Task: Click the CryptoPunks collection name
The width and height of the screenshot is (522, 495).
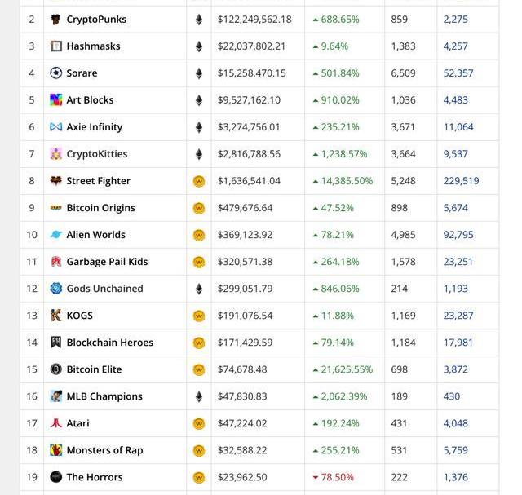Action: pos(96,19)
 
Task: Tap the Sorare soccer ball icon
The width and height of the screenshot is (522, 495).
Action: pos(55,73)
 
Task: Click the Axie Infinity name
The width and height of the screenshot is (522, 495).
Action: pos(95,127)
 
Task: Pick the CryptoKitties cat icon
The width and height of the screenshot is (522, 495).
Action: pos(55,154)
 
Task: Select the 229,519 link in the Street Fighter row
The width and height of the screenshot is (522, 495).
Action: pos(461,181)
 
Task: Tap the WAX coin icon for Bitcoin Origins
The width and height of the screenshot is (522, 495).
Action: pos(198,208)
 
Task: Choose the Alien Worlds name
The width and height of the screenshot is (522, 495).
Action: pos(95,235)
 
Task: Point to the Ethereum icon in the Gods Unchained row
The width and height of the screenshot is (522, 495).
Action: pos(198,289)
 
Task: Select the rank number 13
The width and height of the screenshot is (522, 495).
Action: pos(32,316)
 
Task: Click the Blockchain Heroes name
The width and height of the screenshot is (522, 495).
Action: pos(109,343)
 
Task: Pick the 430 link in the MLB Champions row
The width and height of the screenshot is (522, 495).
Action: pos(452,396)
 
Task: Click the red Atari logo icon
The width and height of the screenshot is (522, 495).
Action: pos(55,423)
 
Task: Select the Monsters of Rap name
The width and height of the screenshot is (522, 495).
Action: pos(104,450)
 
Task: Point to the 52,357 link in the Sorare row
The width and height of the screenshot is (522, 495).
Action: pos(458,73)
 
